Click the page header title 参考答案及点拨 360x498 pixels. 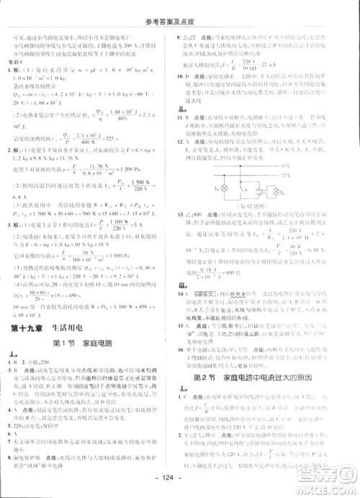coord(180,10)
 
